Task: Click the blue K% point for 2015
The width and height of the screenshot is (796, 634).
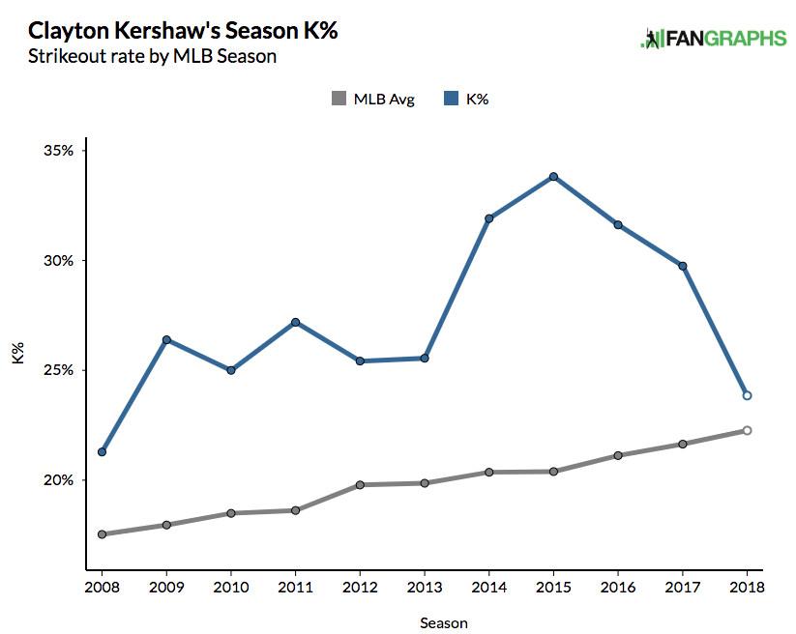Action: [553, 177]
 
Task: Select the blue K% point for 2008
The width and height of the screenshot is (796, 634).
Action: [102, 452]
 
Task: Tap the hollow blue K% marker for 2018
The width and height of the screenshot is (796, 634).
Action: [747, 395]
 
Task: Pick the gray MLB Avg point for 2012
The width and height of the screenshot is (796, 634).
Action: [360, 484]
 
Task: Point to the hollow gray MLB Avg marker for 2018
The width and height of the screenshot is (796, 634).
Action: [747, 430]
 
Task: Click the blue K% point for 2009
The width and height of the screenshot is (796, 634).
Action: [166, 339]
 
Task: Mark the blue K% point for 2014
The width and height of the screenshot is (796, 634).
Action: [488, 218]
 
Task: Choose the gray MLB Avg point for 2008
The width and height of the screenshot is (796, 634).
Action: [102, 534]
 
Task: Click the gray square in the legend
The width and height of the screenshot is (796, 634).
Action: [338, 98]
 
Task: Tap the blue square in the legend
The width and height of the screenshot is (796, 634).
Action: [449, 98]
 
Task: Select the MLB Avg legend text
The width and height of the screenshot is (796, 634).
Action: [384, 99]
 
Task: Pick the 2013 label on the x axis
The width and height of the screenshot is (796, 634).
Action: [424, 587]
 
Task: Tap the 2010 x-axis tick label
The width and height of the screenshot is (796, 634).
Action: [230, 587]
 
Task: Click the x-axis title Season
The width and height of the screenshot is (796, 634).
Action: [443, 622]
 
